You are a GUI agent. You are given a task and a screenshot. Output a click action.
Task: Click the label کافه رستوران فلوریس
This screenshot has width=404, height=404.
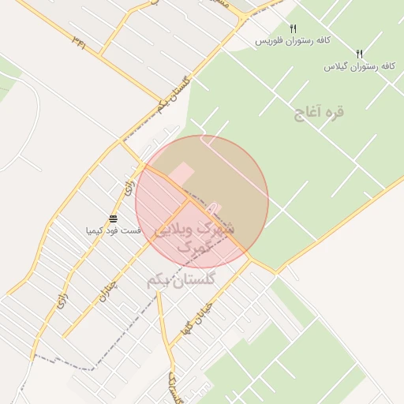pos(292,40)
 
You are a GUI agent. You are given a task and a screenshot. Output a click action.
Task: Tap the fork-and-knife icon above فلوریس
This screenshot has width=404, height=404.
pos(293,28)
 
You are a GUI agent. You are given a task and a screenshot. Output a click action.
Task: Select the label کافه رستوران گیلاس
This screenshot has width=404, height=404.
pos(358,66)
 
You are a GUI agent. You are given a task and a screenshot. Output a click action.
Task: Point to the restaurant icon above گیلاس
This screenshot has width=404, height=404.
pos(359,54)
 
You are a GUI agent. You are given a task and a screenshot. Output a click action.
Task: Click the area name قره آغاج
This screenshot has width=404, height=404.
pos(320,113)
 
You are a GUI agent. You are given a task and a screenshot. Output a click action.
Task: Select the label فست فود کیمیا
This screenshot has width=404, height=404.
pos(114,230)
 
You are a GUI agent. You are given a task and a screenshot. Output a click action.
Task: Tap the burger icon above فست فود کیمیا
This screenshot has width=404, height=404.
pos(114,219)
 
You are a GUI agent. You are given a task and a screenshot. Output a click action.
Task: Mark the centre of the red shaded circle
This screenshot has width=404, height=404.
pos(202,202)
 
